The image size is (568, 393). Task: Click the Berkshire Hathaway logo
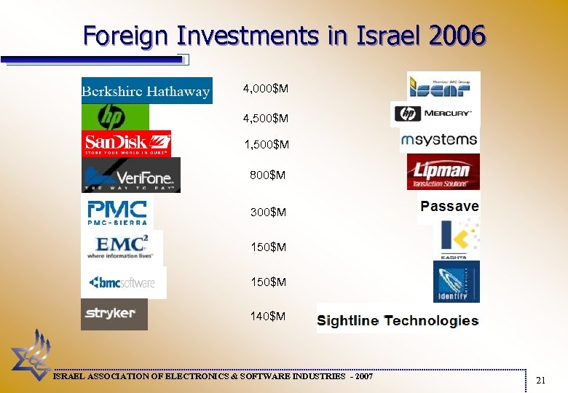pos(146,91)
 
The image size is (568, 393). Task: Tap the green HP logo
pos(115,117)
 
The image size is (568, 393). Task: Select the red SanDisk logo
pos(126,143)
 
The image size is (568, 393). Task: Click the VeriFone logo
pos(131,175)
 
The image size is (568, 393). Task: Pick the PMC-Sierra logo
pos(117,212)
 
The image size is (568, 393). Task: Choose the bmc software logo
pos(123,282)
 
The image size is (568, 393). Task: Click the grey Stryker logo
pos(114,314)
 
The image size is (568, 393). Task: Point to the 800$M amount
pos(268,175)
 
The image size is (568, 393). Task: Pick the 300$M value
pos(268,213)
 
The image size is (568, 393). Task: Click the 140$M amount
pos(268,316)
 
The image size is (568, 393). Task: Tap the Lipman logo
pos(443,172)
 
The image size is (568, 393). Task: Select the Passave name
pos(449,207)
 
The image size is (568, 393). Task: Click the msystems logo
pos(439,139)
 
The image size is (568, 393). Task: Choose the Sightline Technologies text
pos(398,320)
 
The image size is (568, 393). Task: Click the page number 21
pos(540,380)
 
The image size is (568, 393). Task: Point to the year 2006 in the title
pos(456,35)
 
